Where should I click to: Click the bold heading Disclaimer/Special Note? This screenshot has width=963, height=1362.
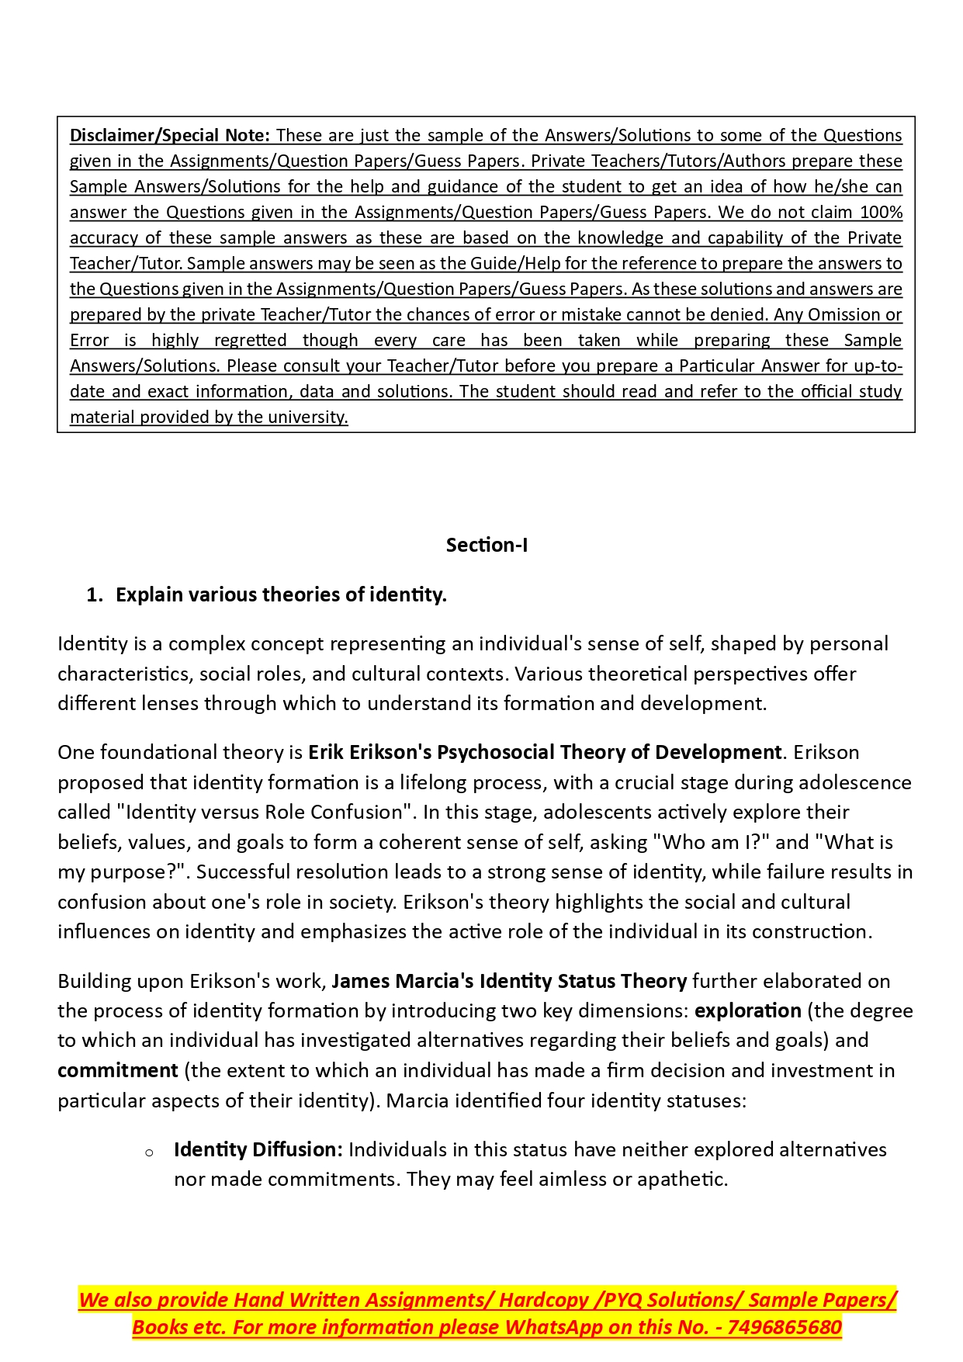pos(170,135)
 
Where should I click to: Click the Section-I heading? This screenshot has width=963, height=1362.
pos(487,545)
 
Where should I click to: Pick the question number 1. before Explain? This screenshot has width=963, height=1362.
pos(95,594)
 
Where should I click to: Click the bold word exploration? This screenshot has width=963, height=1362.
pos(748,1010)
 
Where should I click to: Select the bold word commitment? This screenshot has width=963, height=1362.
pos(118,1070)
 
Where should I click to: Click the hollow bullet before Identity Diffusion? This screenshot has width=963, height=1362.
pos(149,1152)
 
